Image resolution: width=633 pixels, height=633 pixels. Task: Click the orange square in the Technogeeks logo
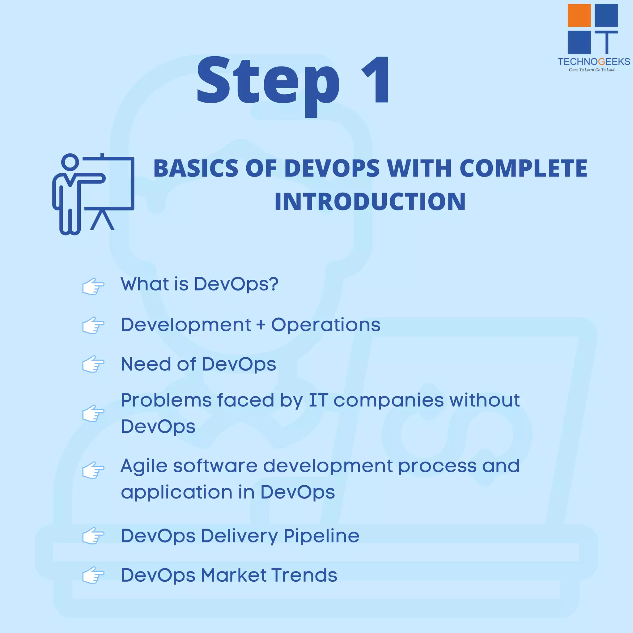(x=579, y=15)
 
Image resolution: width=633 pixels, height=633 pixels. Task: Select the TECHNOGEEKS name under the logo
(x=594, y=62)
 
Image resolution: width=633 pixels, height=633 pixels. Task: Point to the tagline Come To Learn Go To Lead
(x=593, y=70)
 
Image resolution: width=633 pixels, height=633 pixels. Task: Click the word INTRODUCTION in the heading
(x=370, y=202)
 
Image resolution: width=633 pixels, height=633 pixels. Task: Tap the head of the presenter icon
(x=70, y=162)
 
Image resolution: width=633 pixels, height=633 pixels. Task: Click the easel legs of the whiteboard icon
(x=102, y=220)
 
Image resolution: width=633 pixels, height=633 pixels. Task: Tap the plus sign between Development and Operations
(x=261, y=325)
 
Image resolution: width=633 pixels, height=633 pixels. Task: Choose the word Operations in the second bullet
(x=326, y=325)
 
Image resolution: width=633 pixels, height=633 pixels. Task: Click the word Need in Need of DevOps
(x=146, y=364)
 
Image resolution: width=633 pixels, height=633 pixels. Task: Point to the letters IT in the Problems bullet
(x=318, y=400)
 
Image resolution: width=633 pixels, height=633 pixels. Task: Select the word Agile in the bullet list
(x=144, y=466)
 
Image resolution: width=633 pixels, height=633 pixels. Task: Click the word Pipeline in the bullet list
(x=321, y=536)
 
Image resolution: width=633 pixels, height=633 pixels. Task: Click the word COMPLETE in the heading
(x=523, y=168)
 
